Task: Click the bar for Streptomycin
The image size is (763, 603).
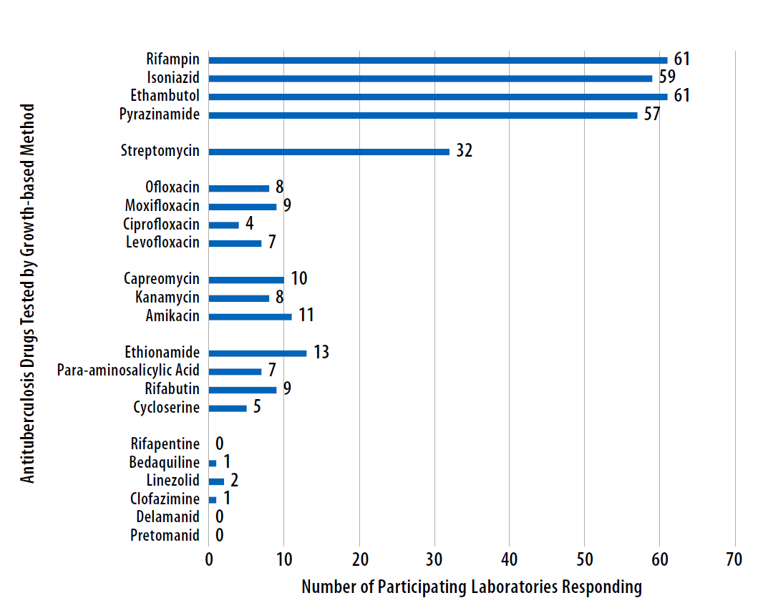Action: coord(329,152)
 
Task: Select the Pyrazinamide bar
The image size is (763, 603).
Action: coord(422,115)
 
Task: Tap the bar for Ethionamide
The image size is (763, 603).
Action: coord(258,353)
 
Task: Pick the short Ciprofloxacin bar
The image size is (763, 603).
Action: coord(223,225)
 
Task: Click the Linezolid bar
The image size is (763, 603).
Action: coord(216,481)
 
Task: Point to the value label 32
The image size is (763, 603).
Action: coord(465,152)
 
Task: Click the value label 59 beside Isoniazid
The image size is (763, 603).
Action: coord(668,77)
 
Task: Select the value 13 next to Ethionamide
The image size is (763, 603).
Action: coord(321,353)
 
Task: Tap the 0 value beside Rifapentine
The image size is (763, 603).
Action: coord(219,445)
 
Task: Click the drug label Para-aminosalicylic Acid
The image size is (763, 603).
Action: coord(128,371)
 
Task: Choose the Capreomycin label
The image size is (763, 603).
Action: coord(161,279)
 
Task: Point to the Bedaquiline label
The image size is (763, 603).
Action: coord(164,463)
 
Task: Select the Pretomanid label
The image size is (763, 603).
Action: coord(165,536)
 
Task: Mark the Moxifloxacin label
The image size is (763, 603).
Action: coord(162,207)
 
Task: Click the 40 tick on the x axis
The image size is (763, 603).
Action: coord(510,559)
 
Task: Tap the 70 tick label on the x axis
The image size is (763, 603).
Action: coord(735,559)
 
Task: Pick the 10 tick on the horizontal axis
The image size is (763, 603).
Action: coord(283,559)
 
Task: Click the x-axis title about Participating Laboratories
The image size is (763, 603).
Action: coord(472,587)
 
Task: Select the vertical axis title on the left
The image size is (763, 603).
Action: coord(27,293)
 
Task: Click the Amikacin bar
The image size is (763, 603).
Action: coord(250,316)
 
